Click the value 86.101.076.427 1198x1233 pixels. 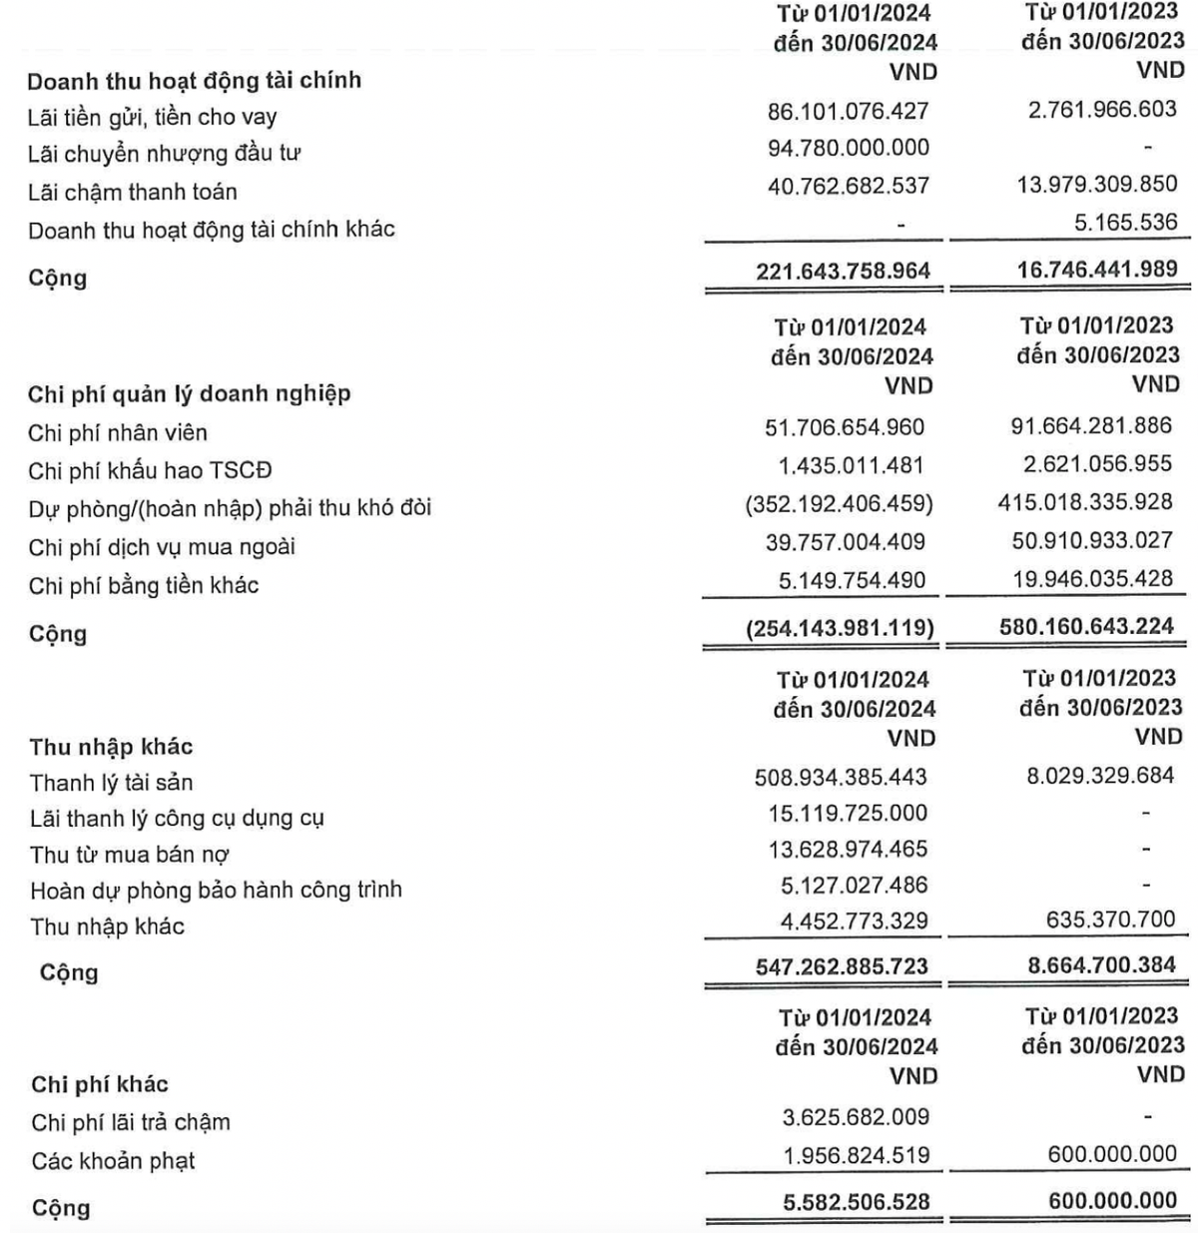pos(848,111)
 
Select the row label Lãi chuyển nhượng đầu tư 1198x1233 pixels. pos(165,154)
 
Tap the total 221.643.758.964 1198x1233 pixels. pos(843,271)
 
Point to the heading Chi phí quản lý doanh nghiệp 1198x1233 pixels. pos(190,393)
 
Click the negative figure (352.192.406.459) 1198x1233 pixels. pos(839,504)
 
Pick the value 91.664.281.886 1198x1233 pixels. pos(1091,426)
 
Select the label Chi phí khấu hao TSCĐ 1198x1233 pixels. pos(150,470)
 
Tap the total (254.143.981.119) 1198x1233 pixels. pos(840,628)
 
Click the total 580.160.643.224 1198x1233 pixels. pos(1086,627)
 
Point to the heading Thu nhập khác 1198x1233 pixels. pos(111,747)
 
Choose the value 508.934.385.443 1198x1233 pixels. pos(842,777)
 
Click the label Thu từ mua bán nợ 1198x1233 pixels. pos(130,855)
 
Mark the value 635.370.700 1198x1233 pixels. pos(1110,919)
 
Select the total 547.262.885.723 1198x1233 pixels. pos(842,966)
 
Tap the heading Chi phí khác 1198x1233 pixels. pos(100,1084)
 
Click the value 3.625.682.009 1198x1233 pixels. pos(856,1117)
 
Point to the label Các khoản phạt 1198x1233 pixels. pos(113,1161)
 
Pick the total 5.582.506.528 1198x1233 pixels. pos(857,1202)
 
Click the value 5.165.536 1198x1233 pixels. pos(1125,222)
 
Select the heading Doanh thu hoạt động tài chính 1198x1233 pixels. pos(194,80)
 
